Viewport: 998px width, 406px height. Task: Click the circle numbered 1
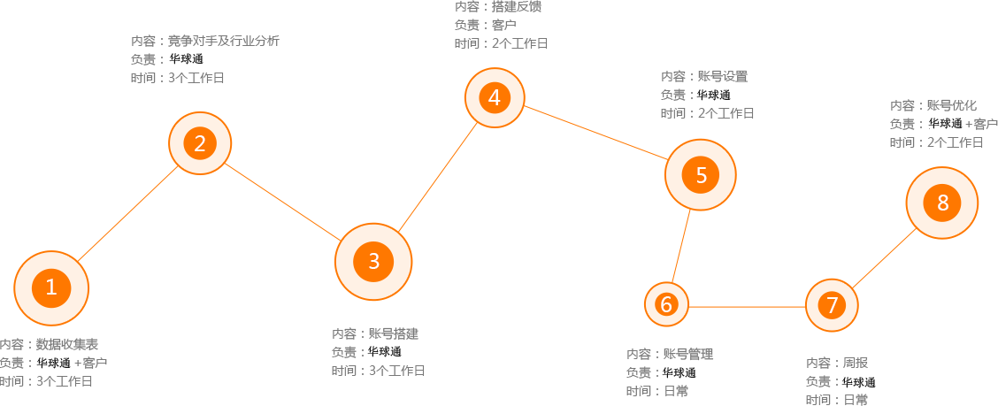51,288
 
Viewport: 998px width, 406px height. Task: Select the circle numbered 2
200,144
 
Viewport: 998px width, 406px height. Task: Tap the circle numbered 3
373,262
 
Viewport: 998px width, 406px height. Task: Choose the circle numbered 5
701,175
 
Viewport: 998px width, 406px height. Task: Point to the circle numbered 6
666,305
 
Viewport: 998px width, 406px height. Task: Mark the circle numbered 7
832,306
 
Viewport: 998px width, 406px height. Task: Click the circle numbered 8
942,203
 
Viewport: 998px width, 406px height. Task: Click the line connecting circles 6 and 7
748,307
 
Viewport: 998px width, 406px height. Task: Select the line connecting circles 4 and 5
595,133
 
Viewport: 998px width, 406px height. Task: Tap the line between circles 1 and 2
127,213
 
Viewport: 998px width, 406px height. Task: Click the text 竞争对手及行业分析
224,42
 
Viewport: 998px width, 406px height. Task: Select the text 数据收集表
67,344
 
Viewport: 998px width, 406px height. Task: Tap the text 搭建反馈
516,7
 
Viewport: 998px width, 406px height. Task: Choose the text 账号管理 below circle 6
688,354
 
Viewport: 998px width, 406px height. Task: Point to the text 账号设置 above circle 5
723,76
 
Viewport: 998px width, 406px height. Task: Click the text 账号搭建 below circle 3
394,333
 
